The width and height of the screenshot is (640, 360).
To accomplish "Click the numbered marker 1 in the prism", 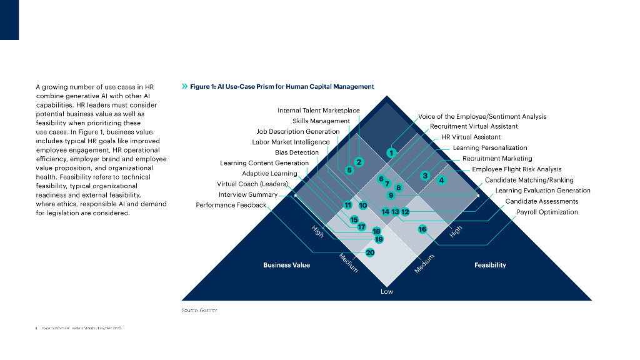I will (391, 152).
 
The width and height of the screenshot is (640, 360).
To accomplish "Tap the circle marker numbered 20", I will (370, 252).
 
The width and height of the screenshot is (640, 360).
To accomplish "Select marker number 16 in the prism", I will (422, 229).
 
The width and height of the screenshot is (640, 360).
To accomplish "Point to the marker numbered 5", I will (349, 169).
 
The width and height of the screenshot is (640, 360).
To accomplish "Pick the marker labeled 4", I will (441, 181).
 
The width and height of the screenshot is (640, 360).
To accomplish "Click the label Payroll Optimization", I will (547, 212).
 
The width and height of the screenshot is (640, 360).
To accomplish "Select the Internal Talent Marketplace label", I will (319, 111).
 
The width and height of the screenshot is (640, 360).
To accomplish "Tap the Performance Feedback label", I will (231, 205).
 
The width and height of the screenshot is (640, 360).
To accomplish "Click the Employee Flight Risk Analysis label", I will (516, 169).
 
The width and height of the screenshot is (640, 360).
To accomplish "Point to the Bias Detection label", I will (297, 152).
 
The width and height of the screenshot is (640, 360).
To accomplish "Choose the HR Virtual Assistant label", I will (471, 137).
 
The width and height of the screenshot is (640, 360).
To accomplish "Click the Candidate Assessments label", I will (541, 201).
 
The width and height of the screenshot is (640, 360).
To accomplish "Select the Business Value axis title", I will (286, 265).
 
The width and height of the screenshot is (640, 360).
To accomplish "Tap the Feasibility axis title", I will (490, 265).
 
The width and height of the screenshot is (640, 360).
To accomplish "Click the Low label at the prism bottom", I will (387, 292).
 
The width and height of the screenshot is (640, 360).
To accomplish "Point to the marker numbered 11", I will (347, 205).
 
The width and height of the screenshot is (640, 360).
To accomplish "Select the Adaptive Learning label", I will (269, 173).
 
